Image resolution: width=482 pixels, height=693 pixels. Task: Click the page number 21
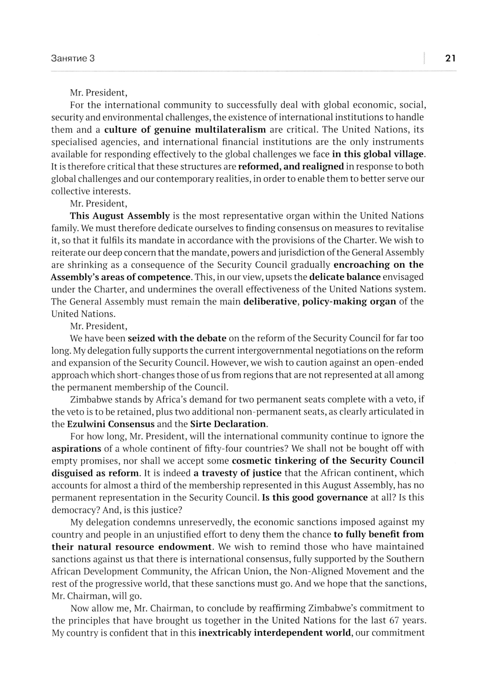click(450, 58)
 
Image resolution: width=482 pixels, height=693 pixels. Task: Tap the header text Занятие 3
click(73, 58)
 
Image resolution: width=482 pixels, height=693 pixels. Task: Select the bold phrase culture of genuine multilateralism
click(185, 129)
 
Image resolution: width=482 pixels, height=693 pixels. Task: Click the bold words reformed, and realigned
click(291, 166)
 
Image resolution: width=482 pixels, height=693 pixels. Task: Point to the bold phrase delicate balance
click(345, 277)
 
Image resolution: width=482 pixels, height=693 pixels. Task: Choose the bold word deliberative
click(270, 301)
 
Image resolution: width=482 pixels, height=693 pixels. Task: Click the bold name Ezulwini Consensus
click(111, 424)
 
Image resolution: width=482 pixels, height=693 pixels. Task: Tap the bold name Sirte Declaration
click(228, 424)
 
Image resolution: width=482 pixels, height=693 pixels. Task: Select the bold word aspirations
click(76, 448)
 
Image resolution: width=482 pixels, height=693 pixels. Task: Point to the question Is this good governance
click(315, 498)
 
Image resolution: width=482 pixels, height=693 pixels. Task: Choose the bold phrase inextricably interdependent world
click(274, 633)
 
